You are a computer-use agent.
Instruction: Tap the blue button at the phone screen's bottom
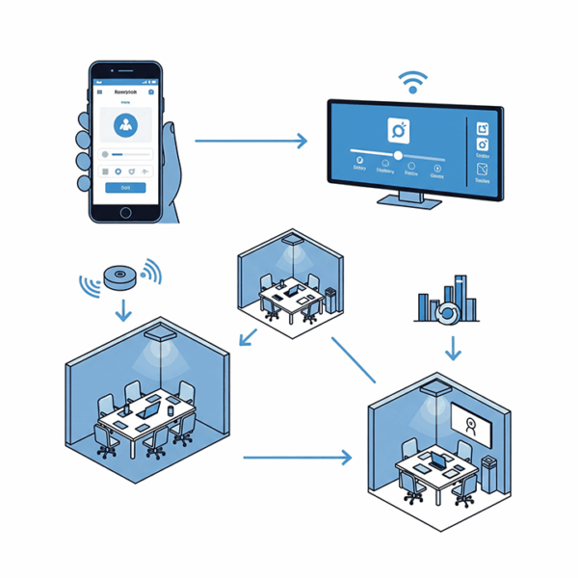[x=125, y=188]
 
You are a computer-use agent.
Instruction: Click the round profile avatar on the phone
[x=125, y=124]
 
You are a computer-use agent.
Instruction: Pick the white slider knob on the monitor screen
[x=398, y=154]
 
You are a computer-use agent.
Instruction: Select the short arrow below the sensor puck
[x=122, y=310]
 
